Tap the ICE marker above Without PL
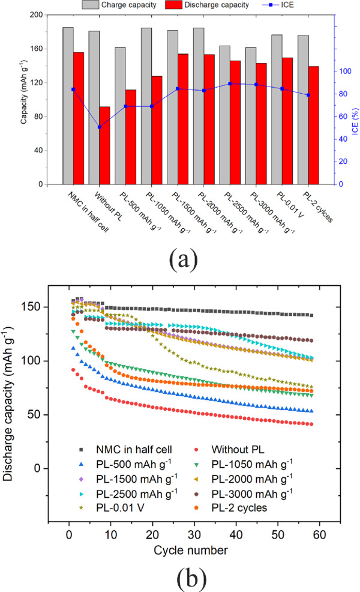pyautogui.click(x=99, y=127)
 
